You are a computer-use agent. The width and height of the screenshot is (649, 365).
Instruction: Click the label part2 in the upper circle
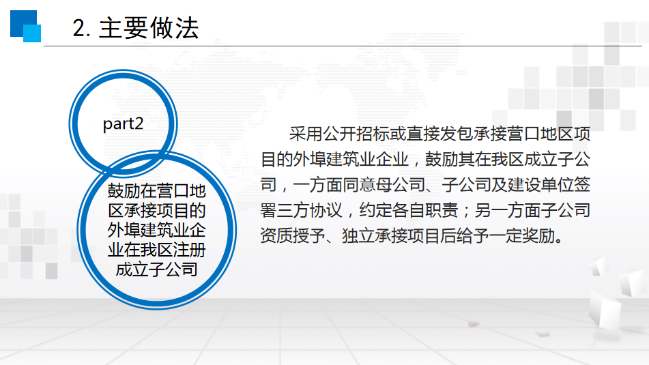[x=123, y=123]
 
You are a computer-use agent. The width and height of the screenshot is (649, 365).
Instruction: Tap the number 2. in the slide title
[x=81, y=29]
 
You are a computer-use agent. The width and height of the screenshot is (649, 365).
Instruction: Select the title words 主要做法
[x=149, y=28]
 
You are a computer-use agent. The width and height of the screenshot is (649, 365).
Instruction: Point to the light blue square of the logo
[x=32, y=33]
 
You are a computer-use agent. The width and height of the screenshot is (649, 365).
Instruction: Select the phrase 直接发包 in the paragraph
[x=439, y=134]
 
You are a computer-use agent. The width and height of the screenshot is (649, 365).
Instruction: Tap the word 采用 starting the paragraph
[x=306, y=134]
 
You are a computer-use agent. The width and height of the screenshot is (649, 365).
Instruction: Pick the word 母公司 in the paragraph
[x=401, y=185]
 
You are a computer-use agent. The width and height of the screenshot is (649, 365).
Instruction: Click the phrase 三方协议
[x=310, y=210]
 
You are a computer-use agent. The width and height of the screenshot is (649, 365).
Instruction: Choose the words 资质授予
[x=293, y=236]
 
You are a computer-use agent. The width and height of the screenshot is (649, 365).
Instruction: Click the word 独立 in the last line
[x=358, y=236]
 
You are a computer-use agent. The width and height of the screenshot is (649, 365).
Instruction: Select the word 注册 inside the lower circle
[x=189, y=250]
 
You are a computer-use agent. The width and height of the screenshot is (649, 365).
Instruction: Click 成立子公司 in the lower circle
[x=156, y=269]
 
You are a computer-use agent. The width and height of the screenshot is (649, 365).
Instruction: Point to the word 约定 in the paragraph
[x=375, y=210]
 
